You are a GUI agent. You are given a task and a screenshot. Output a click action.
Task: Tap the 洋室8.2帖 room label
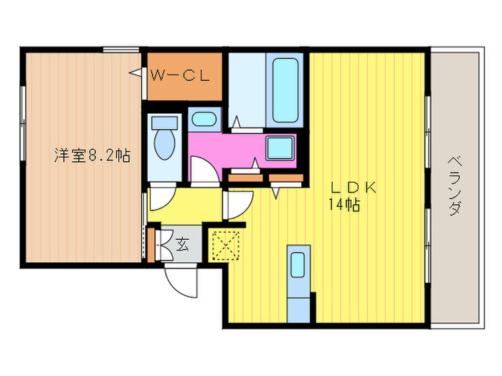point(91,155)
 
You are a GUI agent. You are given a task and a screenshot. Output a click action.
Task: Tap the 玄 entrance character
point(183,245)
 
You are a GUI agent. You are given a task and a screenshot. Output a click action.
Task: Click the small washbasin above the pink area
point(206,119)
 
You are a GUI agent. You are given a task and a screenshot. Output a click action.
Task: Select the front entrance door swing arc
point(181,279)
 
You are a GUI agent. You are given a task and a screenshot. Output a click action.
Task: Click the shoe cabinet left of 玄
point(152,244)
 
